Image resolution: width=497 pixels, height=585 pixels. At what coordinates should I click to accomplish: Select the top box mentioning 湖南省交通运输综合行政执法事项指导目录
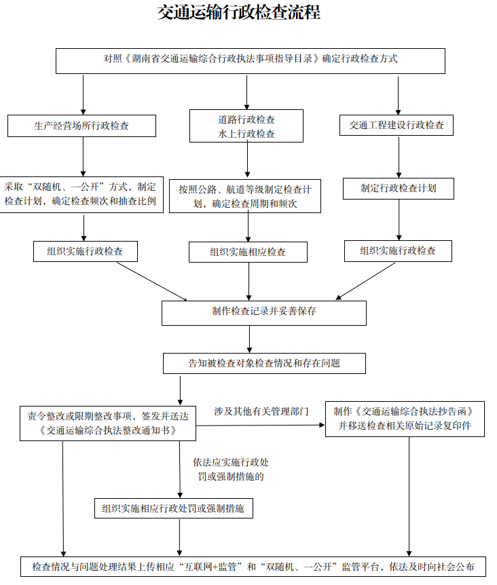click(250, 60)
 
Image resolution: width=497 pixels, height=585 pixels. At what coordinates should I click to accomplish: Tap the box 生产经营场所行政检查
click(81, 126)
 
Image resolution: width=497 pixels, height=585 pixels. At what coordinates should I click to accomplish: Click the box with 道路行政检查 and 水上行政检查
click(246, 126)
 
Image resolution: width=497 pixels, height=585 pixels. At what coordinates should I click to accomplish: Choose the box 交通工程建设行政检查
click(397, 125)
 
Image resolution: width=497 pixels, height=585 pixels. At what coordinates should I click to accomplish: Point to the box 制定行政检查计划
click(398, 188)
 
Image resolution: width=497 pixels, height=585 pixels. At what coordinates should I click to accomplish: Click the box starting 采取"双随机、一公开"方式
click(81, 193)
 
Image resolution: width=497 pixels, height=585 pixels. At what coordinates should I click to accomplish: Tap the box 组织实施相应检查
click(248, 252)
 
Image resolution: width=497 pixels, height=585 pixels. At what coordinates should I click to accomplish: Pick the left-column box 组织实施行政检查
click(86, 251)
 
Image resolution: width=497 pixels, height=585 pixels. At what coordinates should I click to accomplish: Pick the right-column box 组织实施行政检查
click(398, 250)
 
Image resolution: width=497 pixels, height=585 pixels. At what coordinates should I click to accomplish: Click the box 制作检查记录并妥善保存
click(263, 312)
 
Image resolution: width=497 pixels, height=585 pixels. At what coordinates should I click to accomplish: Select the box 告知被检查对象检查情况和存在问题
click(264, 363)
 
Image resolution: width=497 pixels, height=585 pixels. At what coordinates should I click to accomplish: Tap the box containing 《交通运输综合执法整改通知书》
click(108, 423)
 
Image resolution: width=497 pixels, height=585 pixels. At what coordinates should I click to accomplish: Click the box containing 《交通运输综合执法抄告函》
click(405, 419)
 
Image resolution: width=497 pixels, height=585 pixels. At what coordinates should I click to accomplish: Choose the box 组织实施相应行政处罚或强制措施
click(173, 508)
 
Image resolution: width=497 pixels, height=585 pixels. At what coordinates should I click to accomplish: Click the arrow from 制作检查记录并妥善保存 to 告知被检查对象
click(250, 339)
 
